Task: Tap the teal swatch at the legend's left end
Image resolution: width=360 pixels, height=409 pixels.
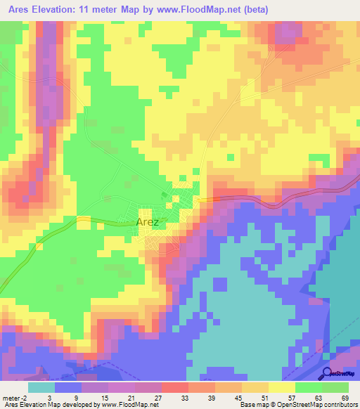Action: click(41, 387)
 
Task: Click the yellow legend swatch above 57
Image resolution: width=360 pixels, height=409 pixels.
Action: click(282, 387)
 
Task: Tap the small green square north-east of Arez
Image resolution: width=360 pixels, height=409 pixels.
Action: click(165, 195)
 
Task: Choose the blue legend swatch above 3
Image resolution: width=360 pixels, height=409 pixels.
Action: click(68, 387)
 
